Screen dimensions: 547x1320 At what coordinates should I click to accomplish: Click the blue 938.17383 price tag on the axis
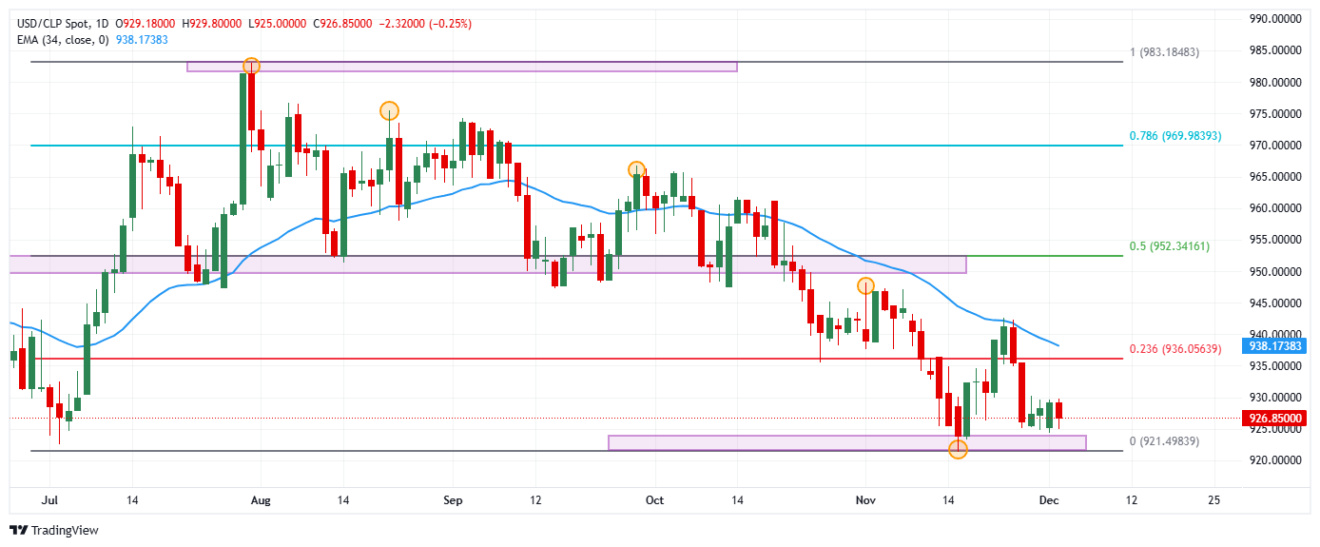click(x=1273, y=347)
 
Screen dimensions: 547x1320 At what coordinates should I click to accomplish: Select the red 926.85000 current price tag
click(x=1273, y=418)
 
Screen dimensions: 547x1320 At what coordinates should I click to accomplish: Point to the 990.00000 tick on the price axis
click(x=1274, y=19)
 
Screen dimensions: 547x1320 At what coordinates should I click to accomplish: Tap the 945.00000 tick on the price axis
click(x=1274, y=303)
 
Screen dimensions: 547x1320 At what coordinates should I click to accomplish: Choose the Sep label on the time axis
click(x=453, y=499)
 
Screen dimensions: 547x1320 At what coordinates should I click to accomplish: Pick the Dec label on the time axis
click(x=1049, y=499)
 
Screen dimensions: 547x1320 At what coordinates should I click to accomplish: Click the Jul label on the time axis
click(x=51, y=499)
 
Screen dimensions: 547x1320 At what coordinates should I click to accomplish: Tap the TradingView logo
click(x=54, y=530)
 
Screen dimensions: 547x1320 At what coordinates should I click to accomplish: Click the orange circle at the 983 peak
click(x=251, y=66)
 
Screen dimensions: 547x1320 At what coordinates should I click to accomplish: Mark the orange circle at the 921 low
click(x=959, y=449)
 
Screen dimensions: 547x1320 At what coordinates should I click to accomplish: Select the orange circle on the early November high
click(x=865, y=285)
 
